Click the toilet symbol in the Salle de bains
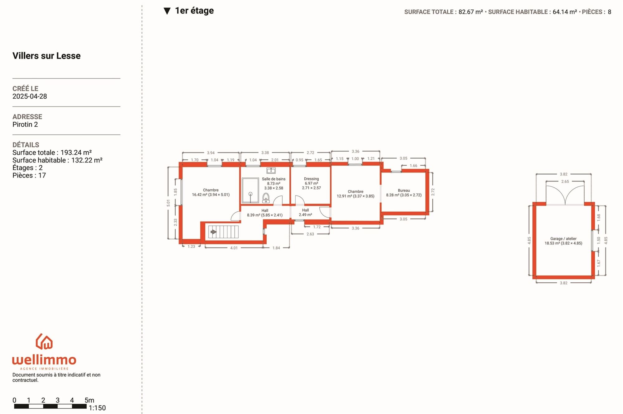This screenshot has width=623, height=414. [x=266, y=198]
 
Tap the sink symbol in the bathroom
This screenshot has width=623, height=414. [x=271, y=170]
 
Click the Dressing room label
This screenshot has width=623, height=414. [x=311, y=179]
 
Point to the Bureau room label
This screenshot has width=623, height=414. [x=404, y=191]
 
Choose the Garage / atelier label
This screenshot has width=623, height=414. [x=563, y=239]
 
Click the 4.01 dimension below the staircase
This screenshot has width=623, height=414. [x=234, y=248]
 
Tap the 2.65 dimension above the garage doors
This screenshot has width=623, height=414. [x=565, y=181]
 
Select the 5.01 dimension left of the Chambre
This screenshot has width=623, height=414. [x=169, y=203]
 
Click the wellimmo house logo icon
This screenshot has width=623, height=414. [x=44, y=341]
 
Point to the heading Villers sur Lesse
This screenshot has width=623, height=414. [x=46, y=56]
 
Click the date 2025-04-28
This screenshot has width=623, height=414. [x=30, y=96]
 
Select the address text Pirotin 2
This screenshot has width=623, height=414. [x=25, y=125]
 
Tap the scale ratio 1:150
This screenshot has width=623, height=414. [x=97, y=408]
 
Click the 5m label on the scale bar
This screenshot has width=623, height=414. [x=89, y=400]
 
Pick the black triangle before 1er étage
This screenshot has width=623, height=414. [x=167, y=11]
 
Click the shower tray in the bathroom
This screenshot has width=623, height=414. [x=250, y=190]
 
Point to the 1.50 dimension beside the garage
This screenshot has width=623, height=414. [x=598, y=240]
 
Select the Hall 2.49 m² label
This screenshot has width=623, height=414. [x=305, y=213]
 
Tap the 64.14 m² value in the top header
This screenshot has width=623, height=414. [x=565, y=12]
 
